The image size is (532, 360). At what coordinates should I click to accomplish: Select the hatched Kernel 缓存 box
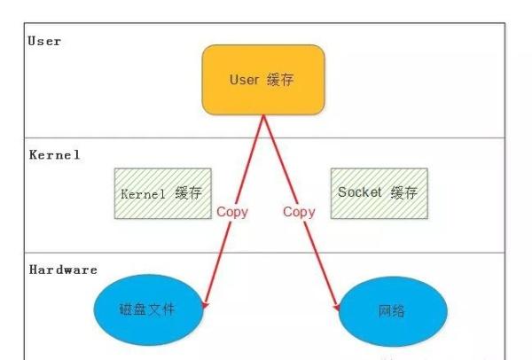[x=162, y=193]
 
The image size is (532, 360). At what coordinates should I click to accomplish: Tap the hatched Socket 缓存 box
[x=378, y=193]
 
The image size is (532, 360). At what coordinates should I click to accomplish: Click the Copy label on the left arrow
[x=232, y=212]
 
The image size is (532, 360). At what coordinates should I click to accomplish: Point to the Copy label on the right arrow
[x=299, y=212]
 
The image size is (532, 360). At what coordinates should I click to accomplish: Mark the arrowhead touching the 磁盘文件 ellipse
[x=206, y=304]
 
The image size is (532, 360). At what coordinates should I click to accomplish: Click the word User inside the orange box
[x=244, y=80]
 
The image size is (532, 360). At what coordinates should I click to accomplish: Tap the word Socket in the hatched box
[x=359, y=192]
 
